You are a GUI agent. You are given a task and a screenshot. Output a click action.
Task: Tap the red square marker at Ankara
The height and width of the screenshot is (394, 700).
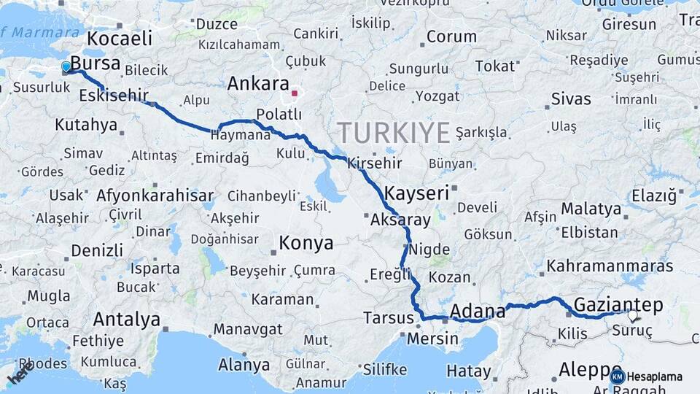pyautogui.click(x=295, y=93)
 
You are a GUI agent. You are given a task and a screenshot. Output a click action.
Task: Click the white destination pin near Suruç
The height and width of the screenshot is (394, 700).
pyautogui.click(x=632, y=316)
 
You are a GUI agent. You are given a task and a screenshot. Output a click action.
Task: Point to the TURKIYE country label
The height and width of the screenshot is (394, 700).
pyautogui.click(x=393, y=133)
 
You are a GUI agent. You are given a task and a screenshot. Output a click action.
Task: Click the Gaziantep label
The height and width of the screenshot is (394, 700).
pyautogui.click(x=618, y=304)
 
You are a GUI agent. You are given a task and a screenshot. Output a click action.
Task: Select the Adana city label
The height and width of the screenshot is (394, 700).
pyautogui.click(x=478, y=312)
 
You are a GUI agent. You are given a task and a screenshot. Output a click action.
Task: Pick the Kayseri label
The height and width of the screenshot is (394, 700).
pyautogui.click(x=416, y=193)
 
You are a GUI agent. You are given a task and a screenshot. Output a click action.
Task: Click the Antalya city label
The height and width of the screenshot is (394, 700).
pyautogui.click(x=127, y=320)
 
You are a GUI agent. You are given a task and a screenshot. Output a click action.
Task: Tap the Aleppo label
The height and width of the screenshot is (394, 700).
pyautogui.click(x=588, y=370)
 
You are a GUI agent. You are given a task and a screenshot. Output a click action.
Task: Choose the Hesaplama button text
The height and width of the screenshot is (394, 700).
pyautogui.click(x=655, y=376)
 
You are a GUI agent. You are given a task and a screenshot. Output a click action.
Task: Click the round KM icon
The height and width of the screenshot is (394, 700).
pyautogui.click(x=618, y=376)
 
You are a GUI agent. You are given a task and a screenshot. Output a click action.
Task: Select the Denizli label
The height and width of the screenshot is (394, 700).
pyautogui.click(x=97, y=250)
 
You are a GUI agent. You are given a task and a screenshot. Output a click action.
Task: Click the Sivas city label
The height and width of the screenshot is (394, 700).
pyautogui.click(x=571, y=98)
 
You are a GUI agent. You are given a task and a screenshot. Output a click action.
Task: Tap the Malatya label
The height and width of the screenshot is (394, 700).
pyautogui.click(x=591, y=209)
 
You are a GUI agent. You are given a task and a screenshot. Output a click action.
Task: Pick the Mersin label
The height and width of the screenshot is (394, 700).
pyautogui.click(x=432, y=339)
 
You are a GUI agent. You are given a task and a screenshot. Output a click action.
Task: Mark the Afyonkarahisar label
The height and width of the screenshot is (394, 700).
pyautogui.click(x=155, y=196)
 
